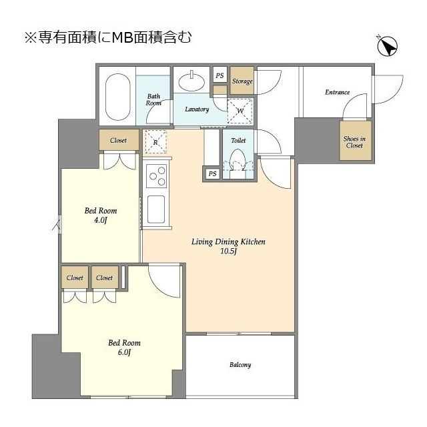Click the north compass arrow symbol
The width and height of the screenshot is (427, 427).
click(x=388, y=47)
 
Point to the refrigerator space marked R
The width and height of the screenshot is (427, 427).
click(x=155, y=141)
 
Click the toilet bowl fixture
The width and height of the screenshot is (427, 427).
click(x=238, y=161)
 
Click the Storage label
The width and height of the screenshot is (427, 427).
click(x=242, y=81)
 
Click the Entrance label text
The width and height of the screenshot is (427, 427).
click(x=337, y=92)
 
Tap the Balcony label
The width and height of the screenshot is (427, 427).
click(x=240, y=365)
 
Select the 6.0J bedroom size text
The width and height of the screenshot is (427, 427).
click(x=124, y=353)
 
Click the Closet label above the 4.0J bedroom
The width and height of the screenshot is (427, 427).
click(x=119, y=141)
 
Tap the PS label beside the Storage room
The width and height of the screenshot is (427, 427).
click(x=220, y=75)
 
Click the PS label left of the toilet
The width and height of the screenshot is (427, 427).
click(x=212, y=173)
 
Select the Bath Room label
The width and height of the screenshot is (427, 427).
click(x=154, y=99)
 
